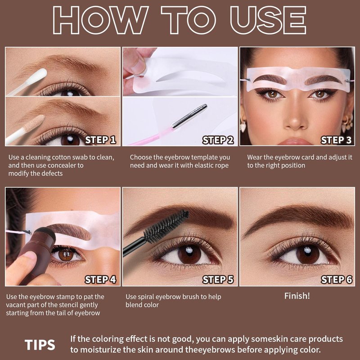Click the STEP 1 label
pyautogui.click(x=100, y=140)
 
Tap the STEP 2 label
pyautogui.click(x=218, y=140)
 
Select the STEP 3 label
pyautogui.click(x=336, y=140)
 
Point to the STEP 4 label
pyautogui.click(x=100, y=279)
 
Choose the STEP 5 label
pyautogui.click(x=218, y=279)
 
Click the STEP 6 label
pyautogui.click(x=336, y=279)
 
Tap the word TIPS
pyautogui.click(x=40, y=345)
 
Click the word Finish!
pyautogui.click(x=297, y=296)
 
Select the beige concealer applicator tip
pyautogui.click(x=35, y=123)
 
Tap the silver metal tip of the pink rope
pyautogui.click(x=189, y=116)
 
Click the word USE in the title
pyautogui.click(x=268, y=20)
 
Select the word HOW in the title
pyautogui.click(x=100, y=20)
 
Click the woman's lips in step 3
pyautogui.click(x=295, y=141)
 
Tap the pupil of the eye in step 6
pyautogui.click(x=307, y=254)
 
